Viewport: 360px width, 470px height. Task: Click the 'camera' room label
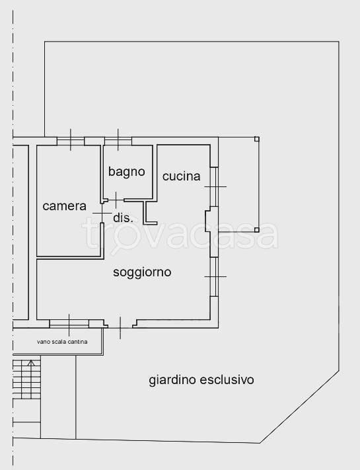pyautogui.click(x=65, y=206)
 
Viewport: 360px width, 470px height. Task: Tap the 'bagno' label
pyautogui.click(x=127, y=172)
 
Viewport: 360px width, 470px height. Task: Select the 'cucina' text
pyautogui.click(x=181, y=176)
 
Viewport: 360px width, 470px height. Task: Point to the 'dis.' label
pyautogui.click(x=124, y=217)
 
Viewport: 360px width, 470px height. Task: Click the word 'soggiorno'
pyautogui.click(x=142, y=272)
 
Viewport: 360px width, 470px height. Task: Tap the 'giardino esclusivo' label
pyautogui.click(x=201, y=380)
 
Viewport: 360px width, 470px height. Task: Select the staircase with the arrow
pyautogui.click(x=27, y=379)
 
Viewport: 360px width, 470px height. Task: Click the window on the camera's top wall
pyautogui.click(x=70, y=140)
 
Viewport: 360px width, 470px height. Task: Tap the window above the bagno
pyautogui.click(x=118, y=140)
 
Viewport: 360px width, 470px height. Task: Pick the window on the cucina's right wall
pyautogui.click(x=214, y=186)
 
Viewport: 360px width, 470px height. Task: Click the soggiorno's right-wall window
pyautogui.click(x=214, y=276)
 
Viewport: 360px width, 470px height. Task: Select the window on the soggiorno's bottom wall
pyautogui.click(x=69, y=323)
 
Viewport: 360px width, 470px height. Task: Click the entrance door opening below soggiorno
pyautogui.click(x=121, y=323)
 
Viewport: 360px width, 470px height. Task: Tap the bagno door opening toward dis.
pyautogui.click(x=116, y=198)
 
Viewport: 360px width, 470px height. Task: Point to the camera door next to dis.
pyautogui.click(x=102, y=214)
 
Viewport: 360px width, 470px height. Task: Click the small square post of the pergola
pyautogui.click(x=257, y=139)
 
